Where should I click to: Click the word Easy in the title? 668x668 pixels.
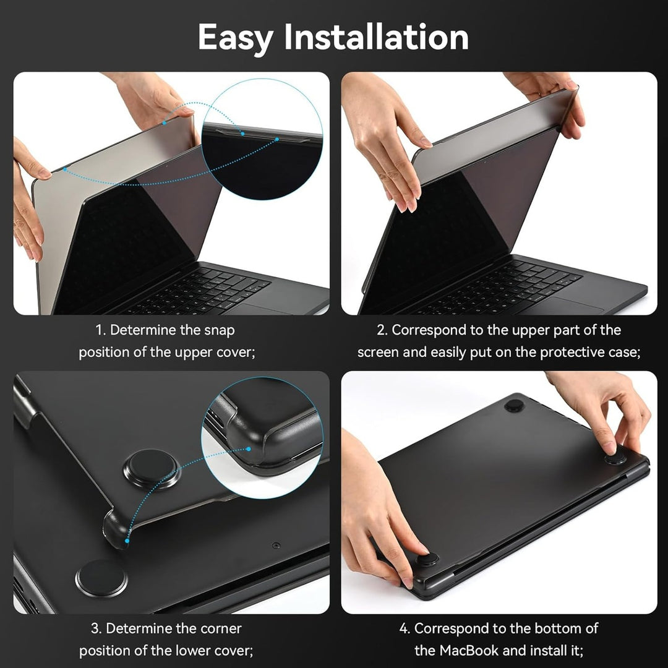236,38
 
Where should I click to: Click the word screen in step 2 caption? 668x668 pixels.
377,352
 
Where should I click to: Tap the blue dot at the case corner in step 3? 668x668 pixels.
127,541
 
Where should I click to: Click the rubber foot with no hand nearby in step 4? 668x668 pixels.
514,406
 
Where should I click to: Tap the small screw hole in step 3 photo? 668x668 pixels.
276,546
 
